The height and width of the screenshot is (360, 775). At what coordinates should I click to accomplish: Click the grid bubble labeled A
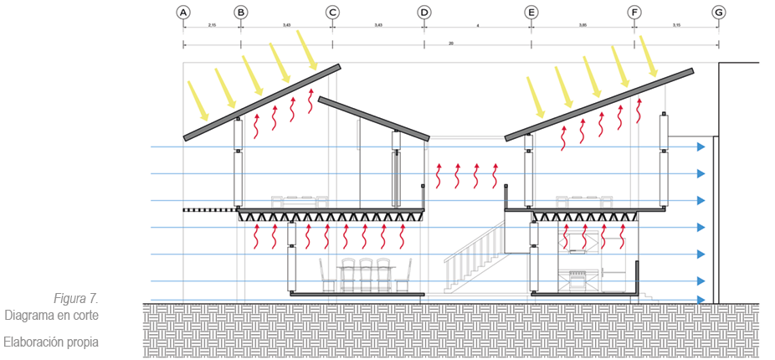click(x=183, y=13)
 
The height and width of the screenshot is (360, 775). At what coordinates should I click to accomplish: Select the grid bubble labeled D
click(x=424, y=13)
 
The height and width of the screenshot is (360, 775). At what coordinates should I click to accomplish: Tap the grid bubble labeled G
click(x=718, y=13)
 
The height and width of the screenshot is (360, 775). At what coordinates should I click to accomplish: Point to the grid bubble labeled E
click(x=531, y=13)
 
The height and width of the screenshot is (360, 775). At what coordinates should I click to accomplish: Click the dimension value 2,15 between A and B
click(x=212, y=26)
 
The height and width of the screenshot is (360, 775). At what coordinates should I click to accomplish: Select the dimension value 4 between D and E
click(x=478, y=26)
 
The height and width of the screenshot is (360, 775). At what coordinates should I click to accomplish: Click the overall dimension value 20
click(x=451, y=43)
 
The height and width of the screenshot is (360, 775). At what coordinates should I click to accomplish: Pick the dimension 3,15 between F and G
click(x=676, y=26)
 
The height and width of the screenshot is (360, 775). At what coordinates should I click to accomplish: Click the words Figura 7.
click(x=76, y=299)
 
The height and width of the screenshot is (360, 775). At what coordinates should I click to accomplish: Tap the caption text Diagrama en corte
click(x=51, y=316)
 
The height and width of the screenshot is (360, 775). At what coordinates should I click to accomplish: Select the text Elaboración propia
click(x=51, y=342)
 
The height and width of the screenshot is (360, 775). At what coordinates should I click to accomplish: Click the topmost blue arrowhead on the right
click(x=701, y=147)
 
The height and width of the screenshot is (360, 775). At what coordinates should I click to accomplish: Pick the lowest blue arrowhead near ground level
click(x=701, y=300)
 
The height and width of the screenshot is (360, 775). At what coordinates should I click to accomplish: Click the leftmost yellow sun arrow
click(x=199, y=99)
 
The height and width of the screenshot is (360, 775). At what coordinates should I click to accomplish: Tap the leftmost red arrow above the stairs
click(x=438, y=176)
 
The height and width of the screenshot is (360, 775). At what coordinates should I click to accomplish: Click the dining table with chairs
click(x=366, y=274)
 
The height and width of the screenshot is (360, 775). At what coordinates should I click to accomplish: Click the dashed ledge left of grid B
click(x=209, y=209)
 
